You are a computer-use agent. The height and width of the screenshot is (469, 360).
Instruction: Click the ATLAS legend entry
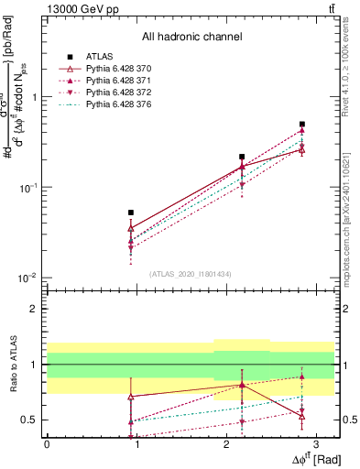pos(98,57)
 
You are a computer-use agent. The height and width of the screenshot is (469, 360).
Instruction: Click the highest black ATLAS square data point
pos(301,124)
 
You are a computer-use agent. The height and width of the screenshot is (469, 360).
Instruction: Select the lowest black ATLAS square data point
pos(131,213)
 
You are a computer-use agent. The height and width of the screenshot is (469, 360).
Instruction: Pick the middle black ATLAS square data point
pos(242,157)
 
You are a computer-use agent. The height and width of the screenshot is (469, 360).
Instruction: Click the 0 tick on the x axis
pos(47,443)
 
